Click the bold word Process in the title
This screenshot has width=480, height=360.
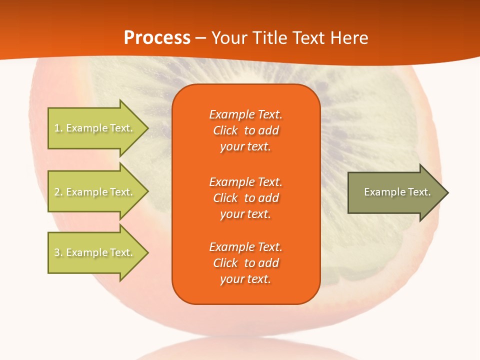coord(157,38)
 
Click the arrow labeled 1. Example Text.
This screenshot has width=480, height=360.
coord(95,128)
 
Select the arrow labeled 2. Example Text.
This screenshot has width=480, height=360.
coord(95,192)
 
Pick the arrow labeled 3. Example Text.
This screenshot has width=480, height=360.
coord(95,252)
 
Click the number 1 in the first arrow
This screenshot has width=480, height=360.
coord(57,128)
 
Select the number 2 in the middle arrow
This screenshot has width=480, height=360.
coord(57,192)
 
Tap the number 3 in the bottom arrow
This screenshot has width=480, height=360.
coord(57,252)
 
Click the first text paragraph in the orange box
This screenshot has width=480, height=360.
coord(245,130)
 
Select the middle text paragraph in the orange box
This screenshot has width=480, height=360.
coord(245,198)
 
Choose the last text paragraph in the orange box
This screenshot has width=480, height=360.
coord(245,263)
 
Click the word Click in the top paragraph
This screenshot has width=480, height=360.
coord(225,131)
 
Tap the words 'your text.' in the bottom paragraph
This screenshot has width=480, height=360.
coord(245,279)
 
